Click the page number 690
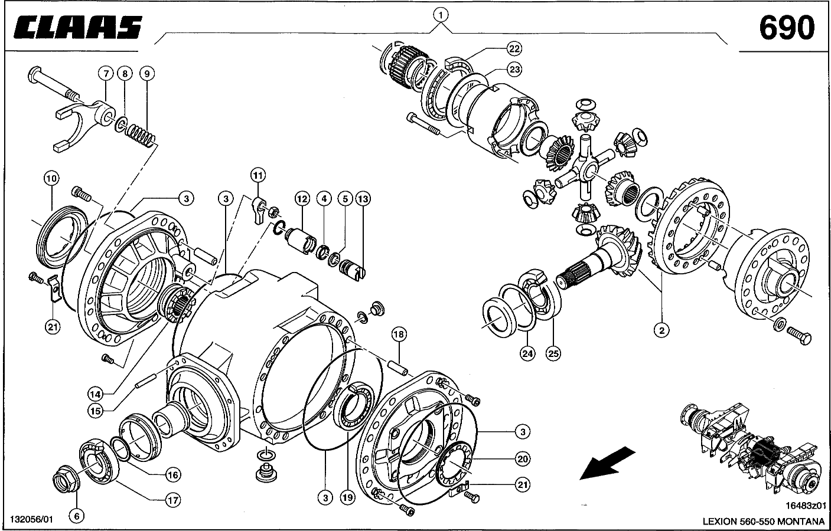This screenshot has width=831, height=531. pyautogui.click(x=787, y=27)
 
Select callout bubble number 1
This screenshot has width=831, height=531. pyautogui.click(x=441, y=13)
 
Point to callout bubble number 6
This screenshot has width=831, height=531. pyautogui.click(x=76, y=516)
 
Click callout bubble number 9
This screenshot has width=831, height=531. pyautogui.click(x=147, y=73)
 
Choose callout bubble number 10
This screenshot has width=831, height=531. pyautogui.click(x=50, y=178)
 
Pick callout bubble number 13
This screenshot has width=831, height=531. pyautogui.click(x=363, y=199)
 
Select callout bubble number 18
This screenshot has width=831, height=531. pyautogui.click(x=399, y=335)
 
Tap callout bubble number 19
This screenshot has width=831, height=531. pyautogui.click(x=347, y=498)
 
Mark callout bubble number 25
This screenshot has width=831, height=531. pyautogui.click(x=553, y=353)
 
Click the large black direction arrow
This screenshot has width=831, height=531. pyautogui.click(x=608, y=462)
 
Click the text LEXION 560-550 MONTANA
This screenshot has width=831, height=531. pyautogui.click(x=763, y=521)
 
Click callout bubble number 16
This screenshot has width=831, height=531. pyautogui.click(x=172, y=474)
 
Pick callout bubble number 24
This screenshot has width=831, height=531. pyautogui.click(x=527, y=353)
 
